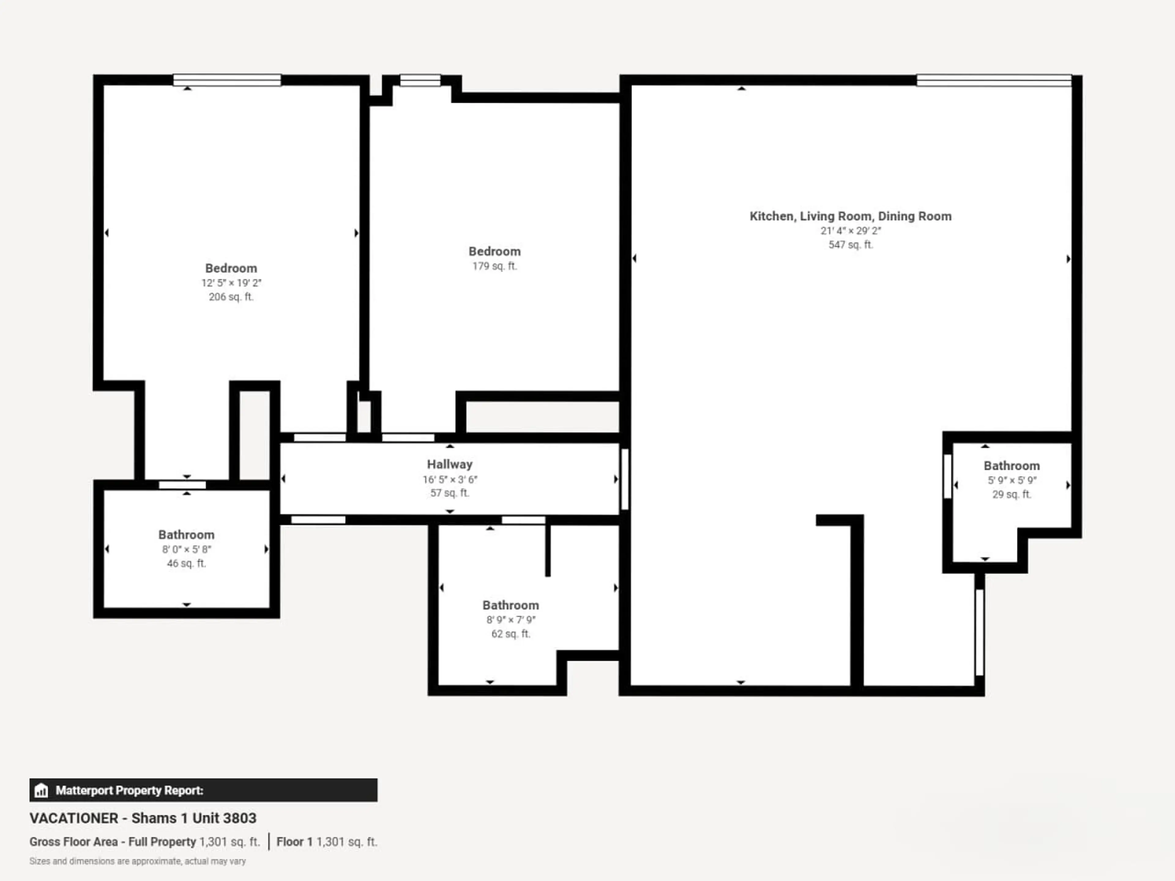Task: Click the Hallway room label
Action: pyautogui.click(x=449, y=464)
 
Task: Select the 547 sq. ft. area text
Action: pyautogui.click(x=850, y=245)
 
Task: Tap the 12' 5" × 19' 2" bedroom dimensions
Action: pyautogui.click(x=231, y=283)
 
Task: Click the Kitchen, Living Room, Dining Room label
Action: pyautogui.click(x=850, y=216)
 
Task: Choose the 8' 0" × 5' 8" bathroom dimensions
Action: pyautogui.click(x=186, y=549)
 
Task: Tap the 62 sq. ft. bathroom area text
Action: pyautogui.click(x=510, y=634)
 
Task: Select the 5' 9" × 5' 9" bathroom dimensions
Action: pyautogui.click(x=1011, y=480)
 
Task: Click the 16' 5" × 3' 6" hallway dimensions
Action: pyautogui.click(x=449, y=479)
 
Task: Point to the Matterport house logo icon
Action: pyautogui.click(x=41, y=790)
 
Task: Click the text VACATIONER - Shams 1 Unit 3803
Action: pyautogui.click(x=143, y=818)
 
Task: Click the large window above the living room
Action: pyautogui.click(x=994, y=80)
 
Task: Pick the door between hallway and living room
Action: pyautogui.click(x=625, y=479)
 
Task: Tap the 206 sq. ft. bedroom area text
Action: pyautogui.click(x=231, y=297)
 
